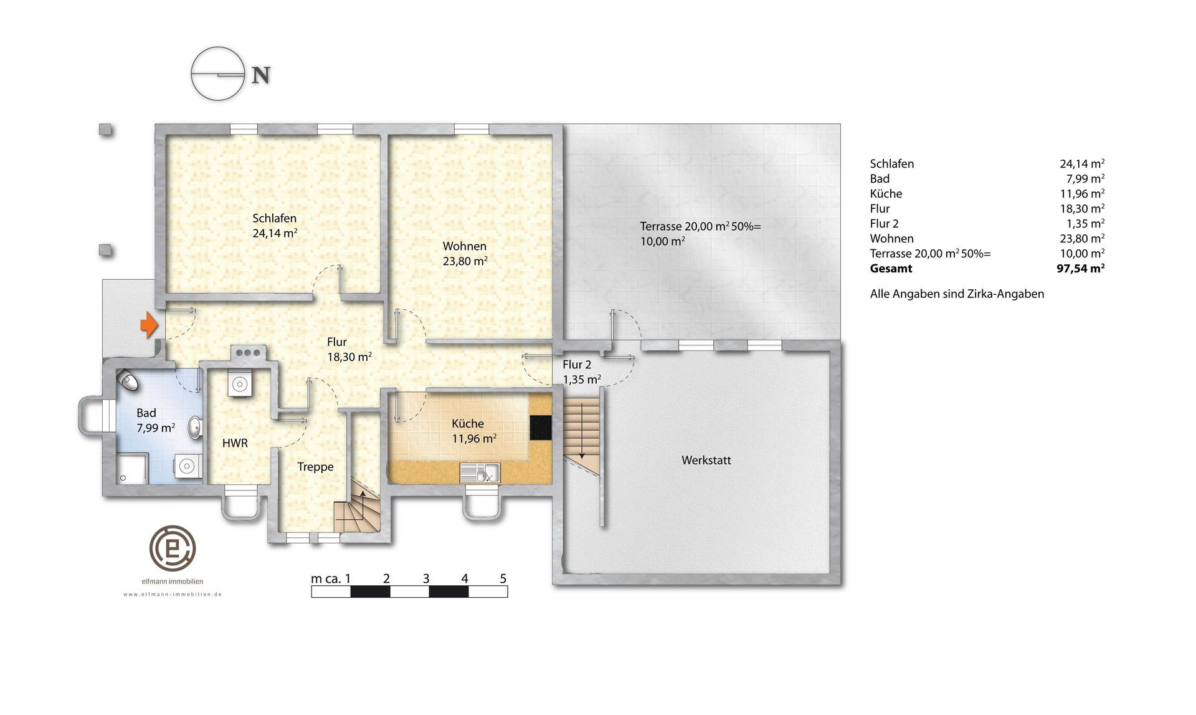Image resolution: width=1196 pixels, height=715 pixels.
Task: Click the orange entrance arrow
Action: (149, 325)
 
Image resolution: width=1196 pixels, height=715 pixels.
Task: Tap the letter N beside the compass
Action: (260, 75)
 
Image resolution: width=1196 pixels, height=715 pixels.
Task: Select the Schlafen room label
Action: (274, 218)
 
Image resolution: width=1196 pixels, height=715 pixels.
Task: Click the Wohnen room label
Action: (465, 246)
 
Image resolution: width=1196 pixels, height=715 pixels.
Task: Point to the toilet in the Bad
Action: (129, 379)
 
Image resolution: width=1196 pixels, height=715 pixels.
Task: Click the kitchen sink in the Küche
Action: (480, 473)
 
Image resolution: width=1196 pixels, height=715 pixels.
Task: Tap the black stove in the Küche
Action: (541, 428)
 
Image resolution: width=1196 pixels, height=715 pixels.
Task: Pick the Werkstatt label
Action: (706, 461)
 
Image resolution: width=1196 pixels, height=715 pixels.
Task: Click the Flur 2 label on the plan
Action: (577, 365)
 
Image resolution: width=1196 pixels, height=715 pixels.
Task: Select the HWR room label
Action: (235, 443)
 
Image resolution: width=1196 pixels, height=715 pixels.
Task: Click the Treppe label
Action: (315, 467)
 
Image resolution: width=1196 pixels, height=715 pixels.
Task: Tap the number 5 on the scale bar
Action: (503, 578)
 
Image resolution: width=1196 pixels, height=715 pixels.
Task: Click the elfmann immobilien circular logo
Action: (173, 549)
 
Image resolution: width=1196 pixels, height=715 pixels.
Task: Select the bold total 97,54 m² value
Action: (1081, 269)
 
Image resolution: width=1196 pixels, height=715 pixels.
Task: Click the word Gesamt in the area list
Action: (891, 269)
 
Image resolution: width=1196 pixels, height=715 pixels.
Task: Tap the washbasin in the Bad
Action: (196, 427)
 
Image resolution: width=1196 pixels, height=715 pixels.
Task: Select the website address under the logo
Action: (173, 595)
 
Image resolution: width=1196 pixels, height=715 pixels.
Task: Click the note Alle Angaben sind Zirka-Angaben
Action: (957, 294)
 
